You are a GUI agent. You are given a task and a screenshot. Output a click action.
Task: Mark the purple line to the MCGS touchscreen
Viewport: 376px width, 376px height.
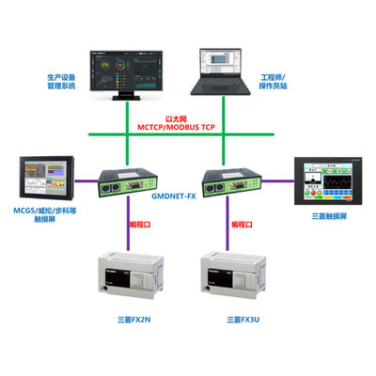85,180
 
